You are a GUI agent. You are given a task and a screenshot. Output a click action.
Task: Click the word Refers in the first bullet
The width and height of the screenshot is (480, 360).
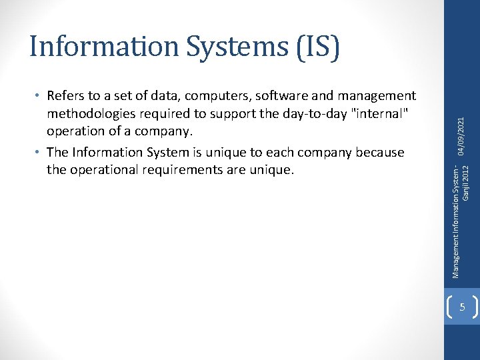click(66, 97)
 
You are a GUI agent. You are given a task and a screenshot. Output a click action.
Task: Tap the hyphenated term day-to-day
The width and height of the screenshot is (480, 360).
click(288, 114)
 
